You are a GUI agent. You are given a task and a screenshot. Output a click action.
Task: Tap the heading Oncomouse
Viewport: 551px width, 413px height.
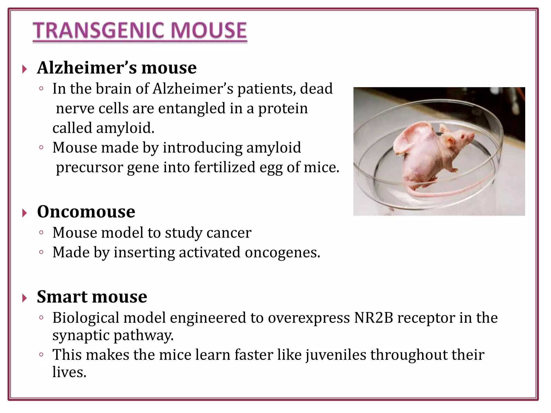coord(86,212)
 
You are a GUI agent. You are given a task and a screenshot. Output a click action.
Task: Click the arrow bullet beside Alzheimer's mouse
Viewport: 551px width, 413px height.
coord(24,69)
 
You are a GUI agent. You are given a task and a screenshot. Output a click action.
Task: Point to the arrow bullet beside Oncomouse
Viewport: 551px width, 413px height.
coord(24,213)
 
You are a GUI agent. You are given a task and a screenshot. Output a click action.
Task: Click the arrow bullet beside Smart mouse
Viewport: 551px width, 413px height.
coord(24,298)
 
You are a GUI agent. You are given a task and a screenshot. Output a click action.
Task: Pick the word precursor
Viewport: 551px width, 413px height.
coord(89,167)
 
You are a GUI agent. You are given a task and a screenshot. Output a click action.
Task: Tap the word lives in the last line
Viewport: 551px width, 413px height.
coord(69,372)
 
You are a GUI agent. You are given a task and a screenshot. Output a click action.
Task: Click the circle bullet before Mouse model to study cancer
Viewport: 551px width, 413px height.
coord(41,233)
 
